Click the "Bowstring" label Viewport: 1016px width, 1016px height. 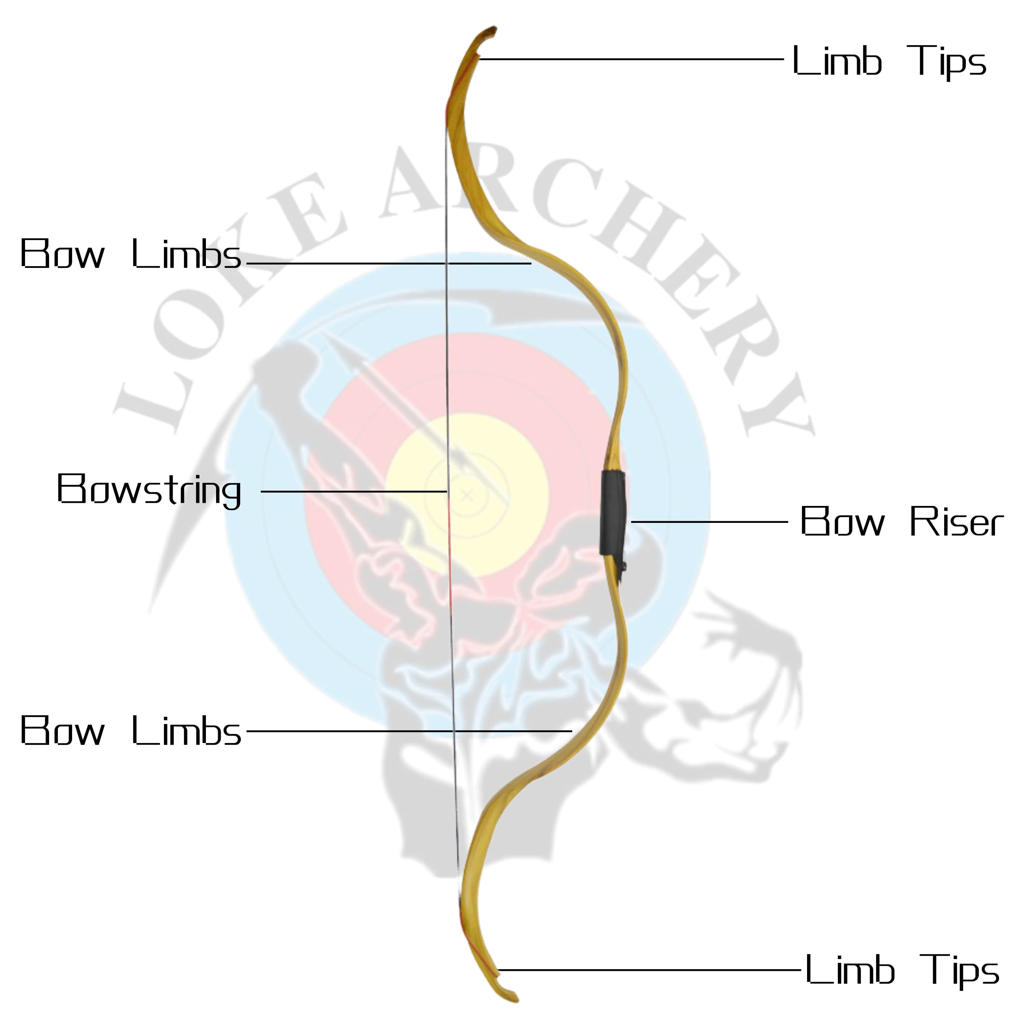click(149, 490)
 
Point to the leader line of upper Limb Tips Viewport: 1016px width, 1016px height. click(631, 59)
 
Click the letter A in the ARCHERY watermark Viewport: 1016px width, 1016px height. click(416, 184)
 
